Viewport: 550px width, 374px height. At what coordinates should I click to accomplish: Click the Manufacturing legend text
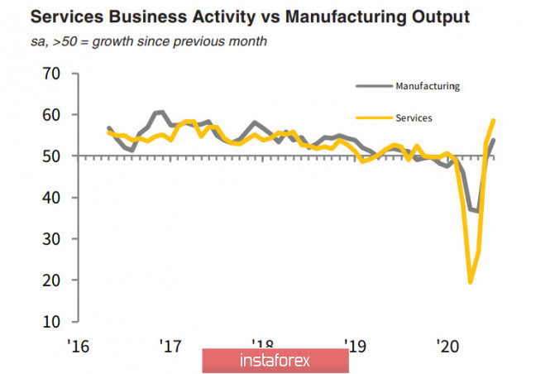point(428,86)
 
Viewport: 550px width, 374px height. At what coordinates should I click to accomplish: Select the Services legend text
point(414,117)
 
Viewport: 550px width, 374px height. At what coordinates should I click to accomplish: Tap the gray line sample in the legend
point(373,85)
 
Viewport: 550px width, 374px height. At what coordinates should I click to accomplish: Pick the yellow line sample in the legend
point(373,117)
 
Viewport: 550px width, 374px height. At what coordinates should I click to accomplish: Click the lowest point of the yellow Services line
point(471,282)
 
